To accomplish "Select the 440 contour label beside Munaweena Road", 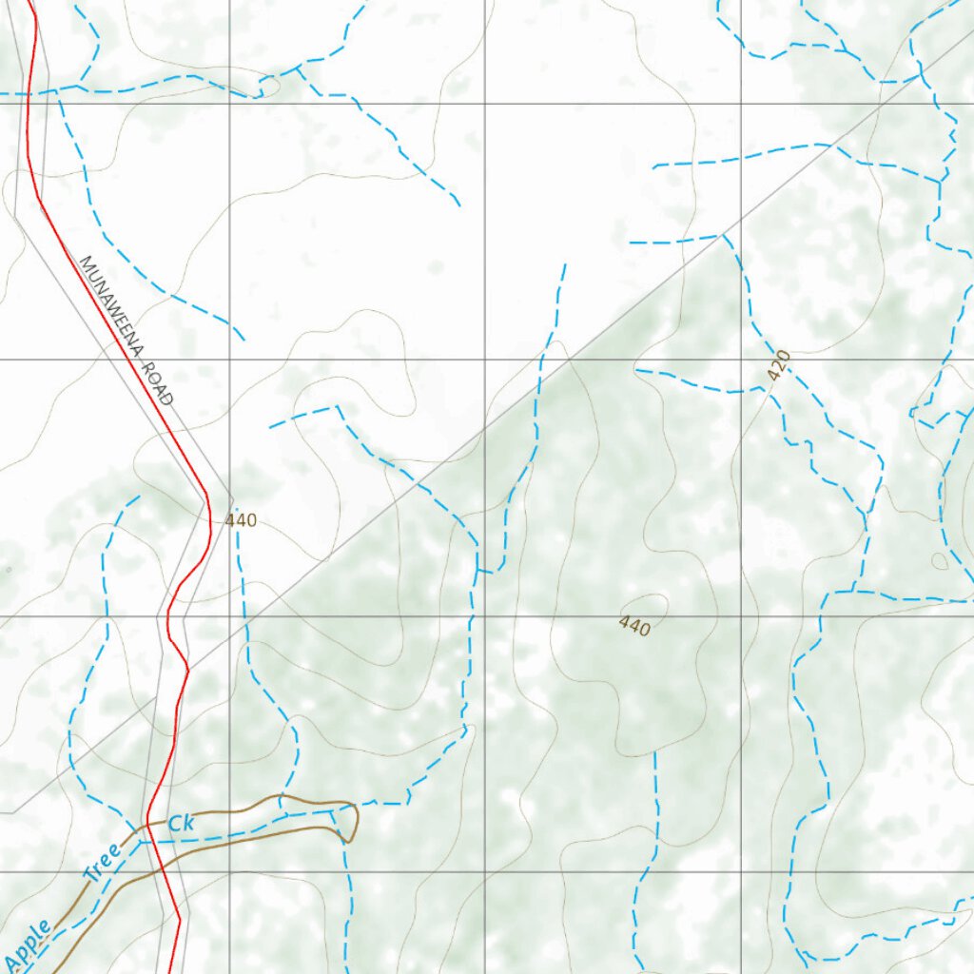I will coord(241,520).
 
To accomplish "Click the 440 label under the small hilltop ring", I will coord(634,626).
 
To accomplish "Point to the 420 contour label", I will coord(779,365).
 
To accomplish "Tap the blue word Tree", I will coord(101,863).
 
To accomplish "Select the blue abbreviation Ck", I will coord(181,824).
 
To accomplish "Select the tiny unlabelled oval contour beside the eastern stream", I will coord(940,561).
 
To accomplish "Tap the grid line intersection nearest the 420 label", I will coord(741,360).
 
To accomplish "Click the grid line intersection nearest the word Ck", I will coord(229,871).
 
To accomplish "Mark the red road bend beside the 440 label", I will coord(210,518).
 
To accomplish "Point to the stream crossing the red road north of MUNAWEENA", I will coord(29,93).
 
